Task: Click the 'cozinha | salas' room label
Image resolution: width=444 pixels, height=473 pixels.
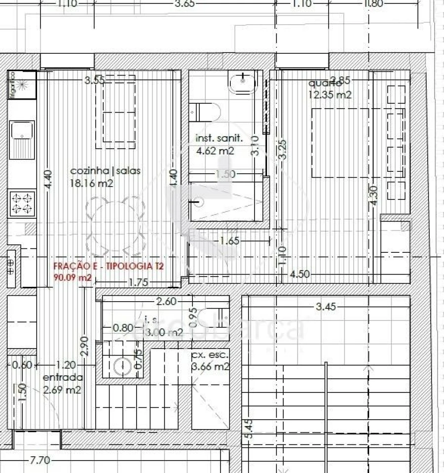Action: coord(106,171)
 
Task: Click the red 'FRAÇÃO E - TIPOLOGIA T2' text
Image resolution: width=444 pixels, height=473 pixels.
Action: coord(109,267)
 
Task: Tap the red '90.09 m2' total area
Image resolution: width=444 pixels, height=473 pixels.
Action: coord(73,277)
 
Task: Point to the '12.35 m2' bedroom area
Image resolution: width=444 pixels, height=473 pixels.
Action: coord(330,94)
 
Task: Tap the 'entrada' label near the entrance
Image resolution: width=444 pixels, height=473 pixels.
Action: coord(63,378)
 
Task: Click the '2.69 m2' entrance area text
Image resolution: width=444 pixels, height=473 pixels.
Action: coord(62,390)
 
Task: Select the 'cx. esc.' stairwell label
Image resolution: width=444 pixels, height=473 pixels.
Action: coord(210,355)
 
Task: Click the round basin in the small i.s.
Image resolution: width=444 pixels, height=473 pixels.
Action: coord(121,366)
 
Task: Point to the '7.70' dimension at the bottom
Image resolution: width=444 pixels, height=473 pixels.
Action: coord(40,461)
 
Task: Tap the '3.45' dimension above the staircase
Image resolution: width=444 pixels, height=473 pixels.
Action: coord(326,307)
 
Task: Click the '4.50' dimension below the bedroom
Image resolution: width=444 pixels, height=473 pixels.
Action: coord(299,275)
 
